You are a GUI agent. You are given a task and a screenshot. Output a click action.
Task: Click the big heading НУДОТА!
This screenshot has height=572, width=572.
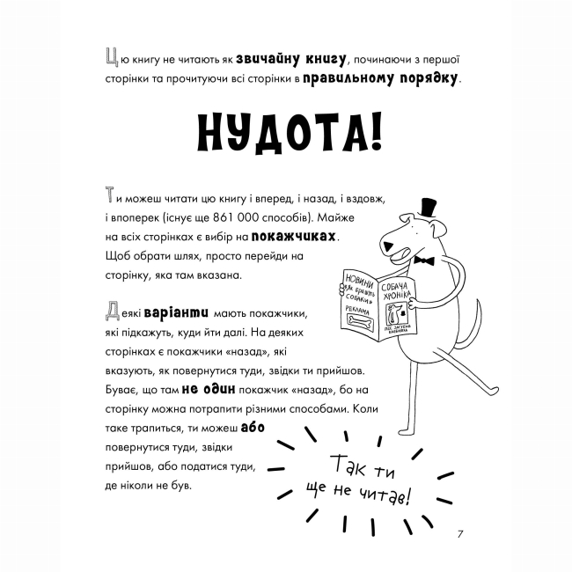click(x=285, y=137)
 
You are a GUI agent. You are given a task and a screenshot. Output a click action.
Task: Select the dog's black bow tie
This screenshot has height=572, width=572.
click(x=427, y=261)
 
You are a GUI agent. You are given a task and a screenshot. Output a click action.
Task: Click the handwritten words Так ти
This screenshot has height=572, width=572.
click(x=365, y=464)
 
